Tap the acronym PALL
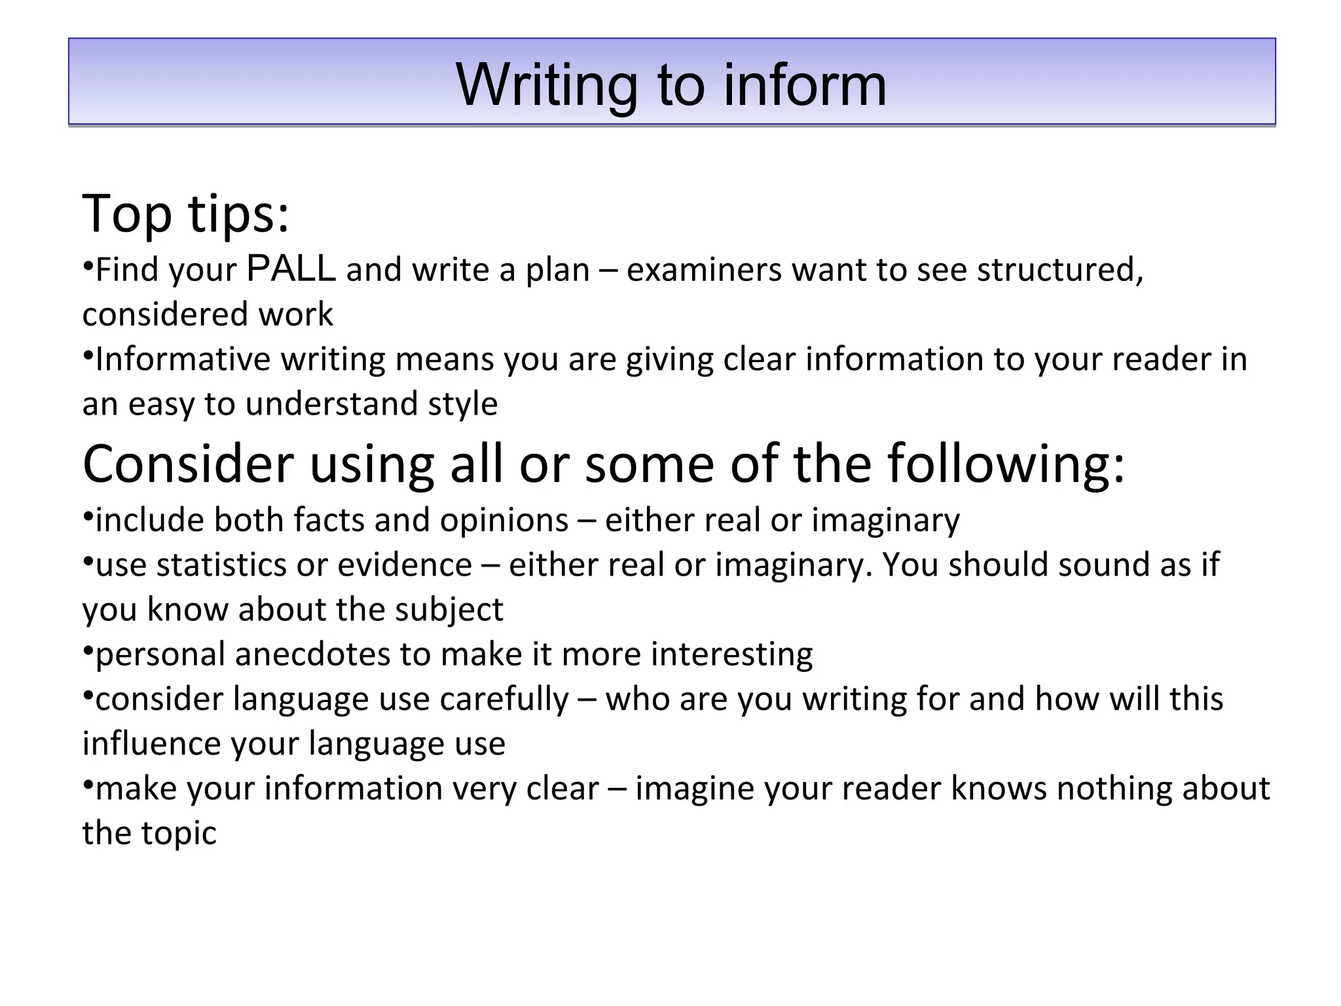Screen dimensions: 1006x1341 point(292,269)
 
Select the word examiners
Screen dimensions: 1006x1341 point(704,270)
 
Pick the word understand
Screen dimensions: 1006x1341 point(332,403)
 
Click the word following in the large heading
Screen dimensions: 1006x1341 point(1006,464)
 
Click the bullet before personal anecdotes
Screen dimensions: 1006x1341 point(88,650)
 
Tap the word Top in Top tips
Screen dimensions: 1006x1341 point(127,214)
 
